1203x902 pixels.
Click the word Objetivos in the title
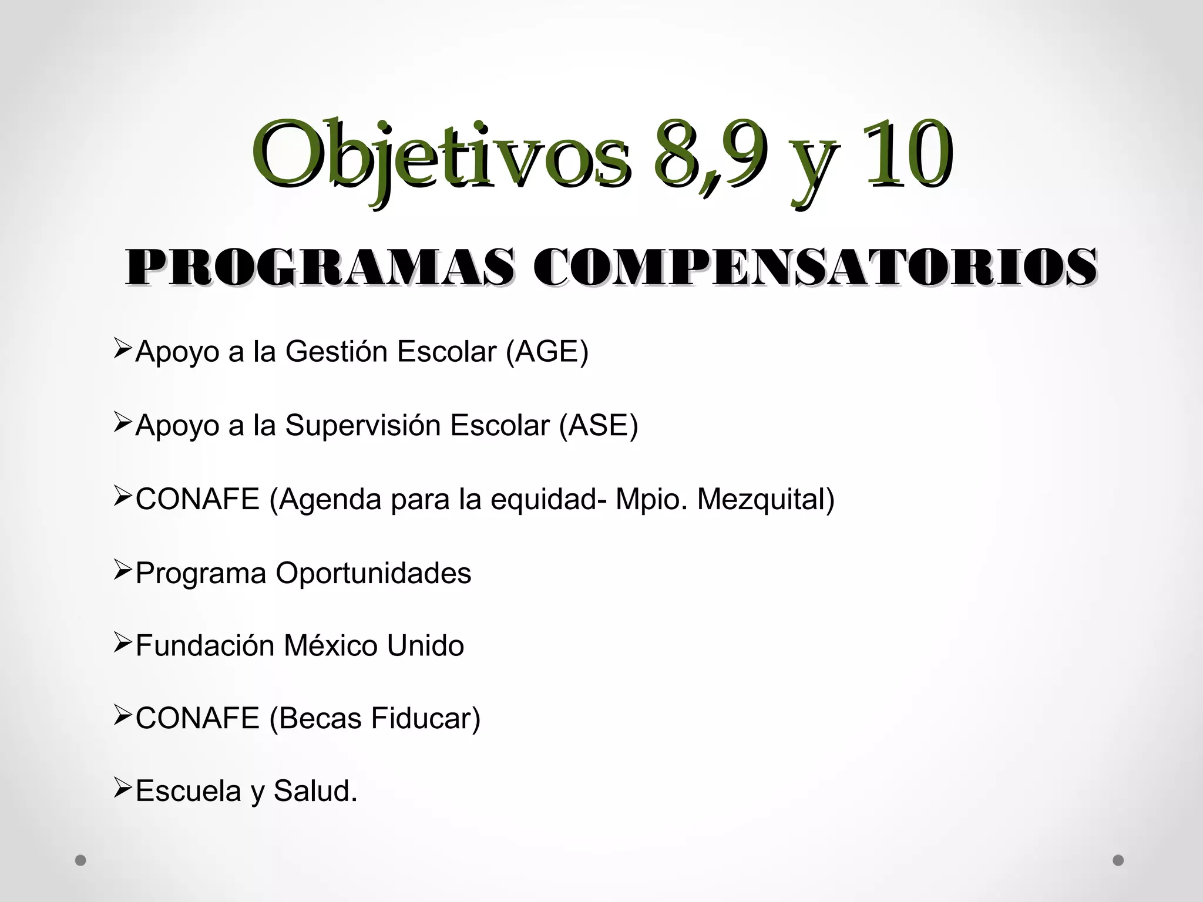[x=441, y=154]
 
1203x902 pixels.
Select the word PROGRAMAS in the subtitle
[x=320, y=268]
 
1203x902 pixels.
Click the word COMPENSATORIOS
[x=814, y=268]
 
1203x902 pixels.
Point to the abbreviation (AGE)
[x=547, y=352]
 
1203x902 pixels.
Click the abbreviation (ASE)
[x=598, y=426]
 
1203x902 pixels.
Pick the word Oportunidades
[x=374, y=574]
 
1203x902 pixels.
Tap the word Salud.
[x=315, y=792]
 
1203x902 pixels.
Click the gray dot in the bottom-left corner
[x=81, y=860]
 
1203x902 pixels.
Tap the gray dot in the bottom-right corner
[x=1118, y=860]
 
